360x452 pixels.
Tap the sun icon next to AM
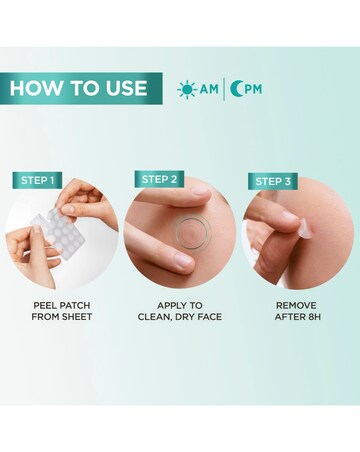click(186, 89)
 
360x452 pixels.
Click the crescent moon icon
click(238, 89)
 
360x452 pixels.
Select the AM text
click(208, 89)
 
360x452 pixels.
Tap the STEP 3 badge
click(273, 181)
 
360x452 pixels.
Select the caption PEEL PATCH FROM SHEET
click(61, 310)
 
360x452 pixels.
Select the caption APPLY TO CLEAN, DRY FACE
click(180, 310)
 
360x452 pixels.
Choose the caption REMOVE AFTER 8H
click(298, 310)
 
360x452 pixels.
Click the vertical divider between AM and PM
click(224, 89)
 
